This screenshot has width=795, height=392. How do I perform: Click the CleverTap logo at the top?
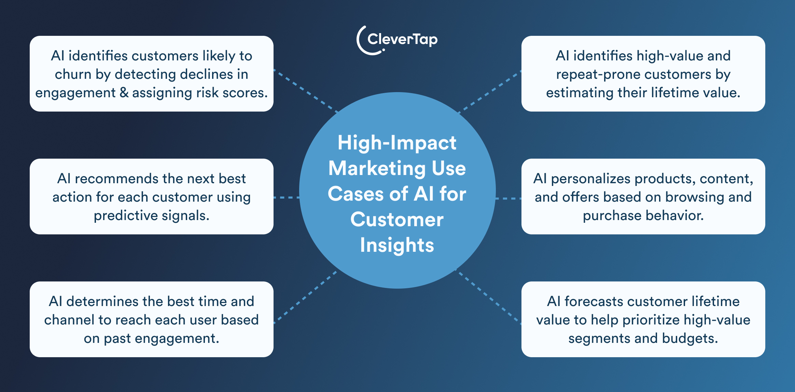pyautogui.click(x=397, y=40)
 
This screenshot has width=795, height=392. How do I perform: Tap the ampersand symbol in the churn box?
pyautogui.click(x=124, y=93)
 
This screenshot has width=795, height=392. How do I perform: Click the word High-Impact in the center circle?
pyautogui.click(x=397, y=143)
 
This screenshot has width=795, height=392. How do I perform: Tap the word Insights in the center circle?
pyautogui.click(x=397, y=245)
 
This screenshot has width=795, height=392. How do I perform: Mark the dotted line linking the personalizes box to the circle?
pyautogui.click(x=508, y=198)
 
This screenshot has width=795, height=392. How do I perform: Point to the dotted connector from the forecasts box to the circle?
pyautogui.click(x=489, y=297)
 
